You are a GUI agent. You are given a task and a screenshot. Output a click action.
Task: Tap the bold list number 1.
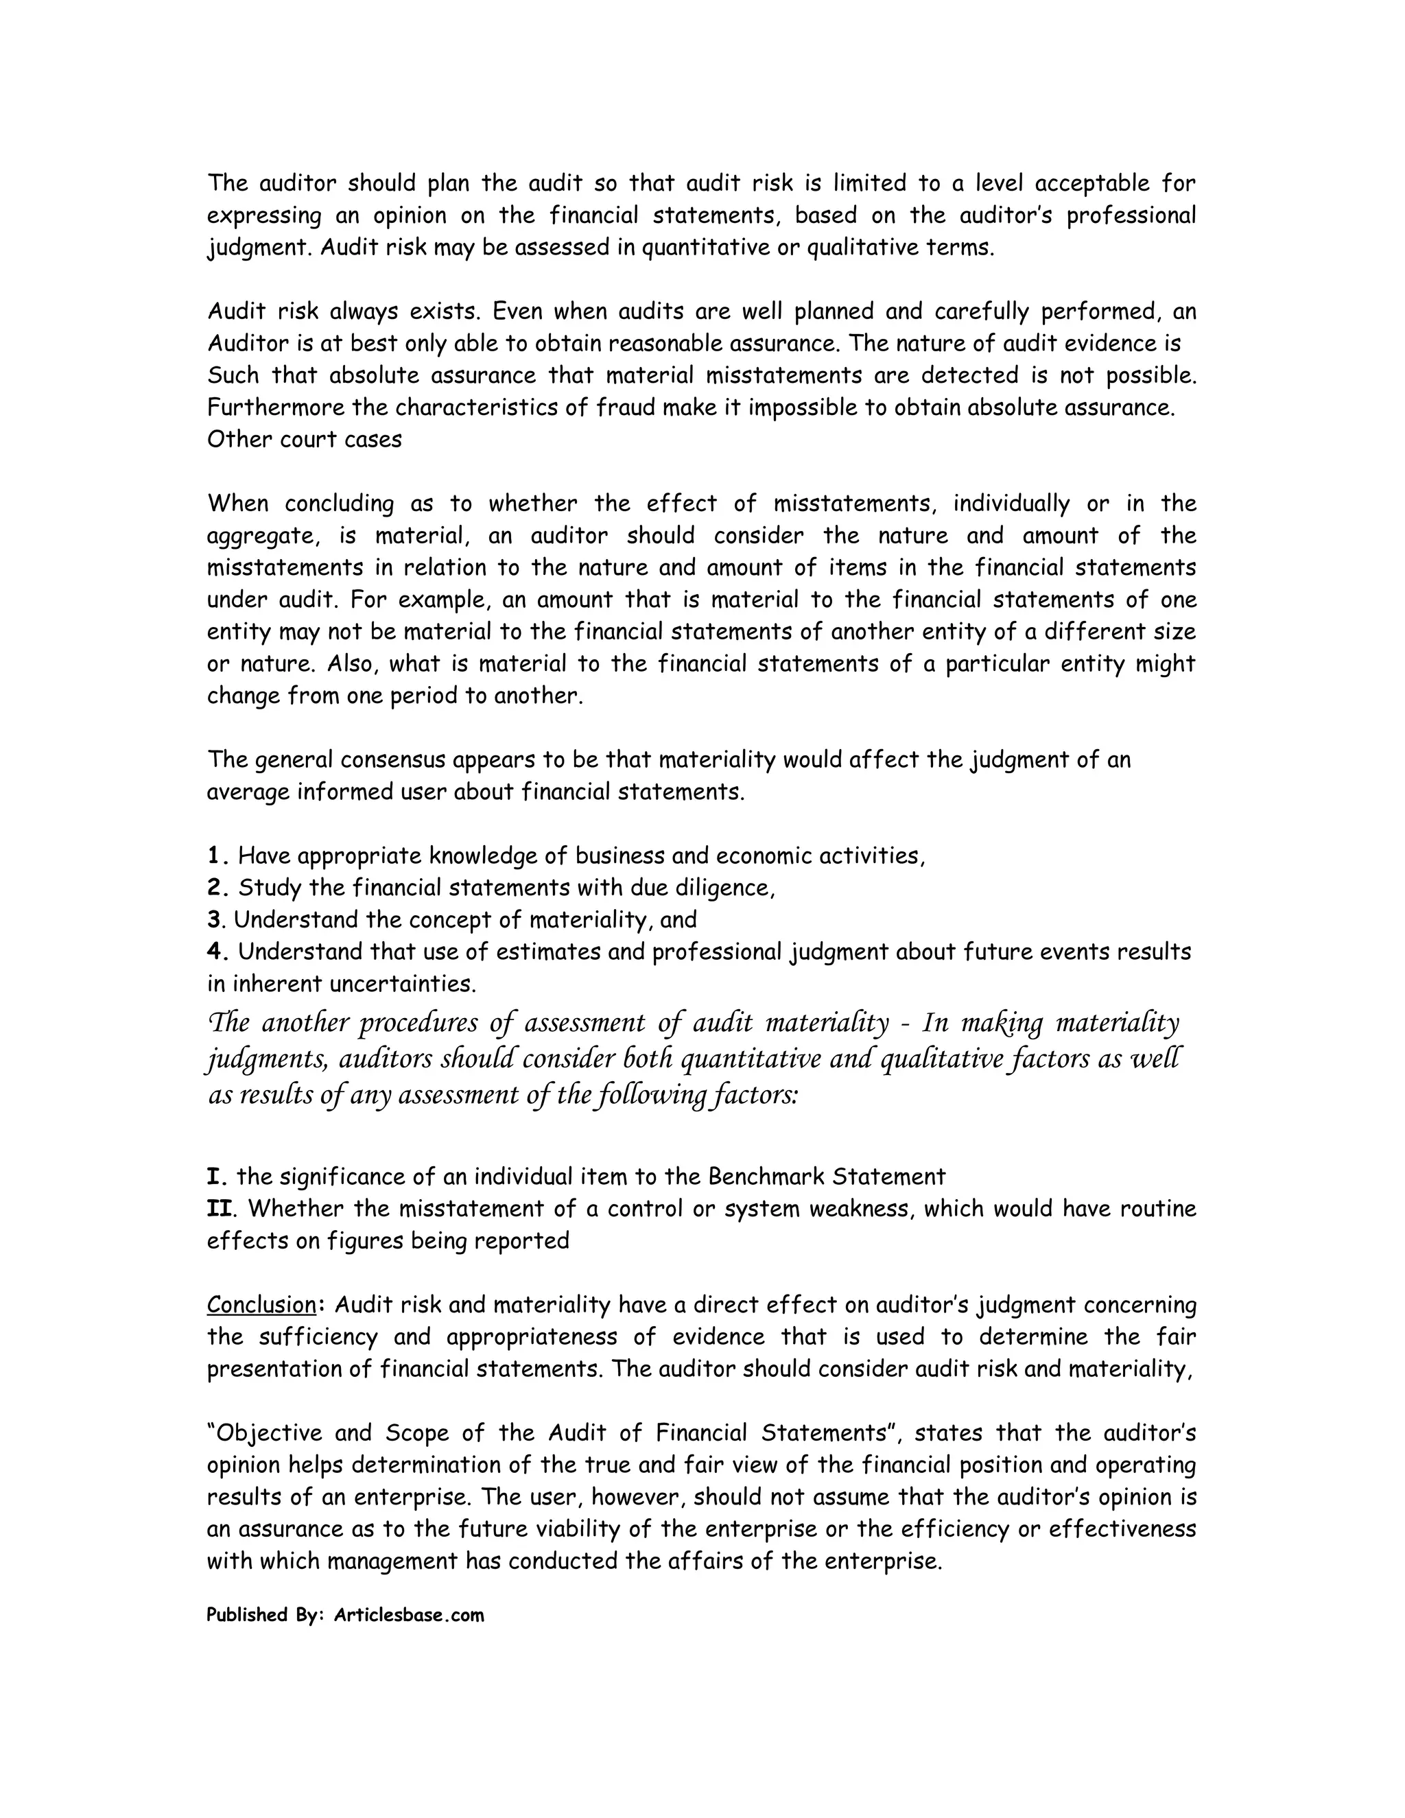216,855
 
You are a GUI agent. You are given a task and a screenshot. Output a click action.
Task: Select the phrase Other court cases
304,440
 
